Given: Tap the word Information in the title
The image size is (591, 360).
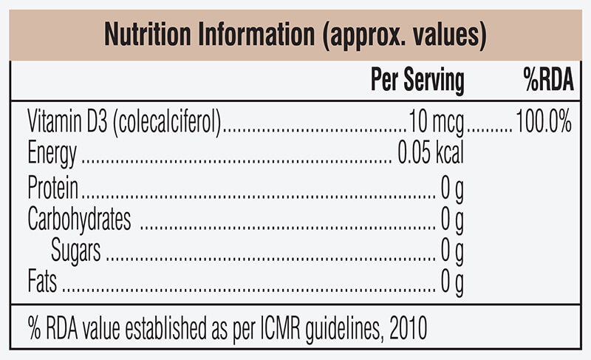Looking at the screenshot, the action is [x=256, y=34].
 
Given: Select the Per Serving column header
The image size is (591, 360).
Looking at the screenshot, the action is [x=417, y=80].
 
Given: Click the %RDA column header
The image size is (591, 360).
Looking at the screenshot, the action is [x=548, y=79].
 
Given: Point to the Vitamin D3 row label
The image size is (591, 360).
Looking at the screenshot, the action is [x=67, y=120].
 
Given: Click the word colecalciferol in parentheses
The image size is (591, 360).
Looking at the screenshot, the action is [x=168, y=122].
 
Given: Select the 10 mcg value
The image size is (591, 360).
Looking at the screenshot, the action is [x=437, y=122].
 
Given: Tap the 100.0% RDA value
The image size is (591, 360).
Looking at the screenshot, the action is [x=544, y=121].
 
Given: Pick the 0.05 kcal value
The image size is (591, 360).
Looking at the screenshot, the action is [x=431, y=152].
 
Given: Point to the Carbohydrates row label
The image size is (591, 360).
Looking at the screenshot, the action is [x=79, y=219].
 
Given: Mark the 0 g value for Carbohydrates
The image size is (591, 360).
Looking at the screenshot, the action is [x=452, y=220].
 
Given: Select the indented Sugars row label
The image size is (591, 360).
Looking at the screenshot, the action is [x=76, y=251].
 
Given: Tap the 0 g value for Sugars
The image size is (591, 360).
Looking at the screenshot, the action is [x=452, y=251].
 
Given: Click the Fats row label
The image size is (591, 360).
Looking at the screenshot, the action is [x=42, y=281].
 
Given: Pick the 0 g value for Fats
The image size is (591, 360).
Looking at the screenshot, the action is [x=452, y=282].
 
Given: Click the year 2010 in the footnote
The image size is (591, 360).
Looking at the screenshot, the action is [x=409, y=327].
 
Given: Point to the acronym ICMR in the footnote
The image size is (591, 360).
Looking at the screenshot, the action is [x=281, y=327].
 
